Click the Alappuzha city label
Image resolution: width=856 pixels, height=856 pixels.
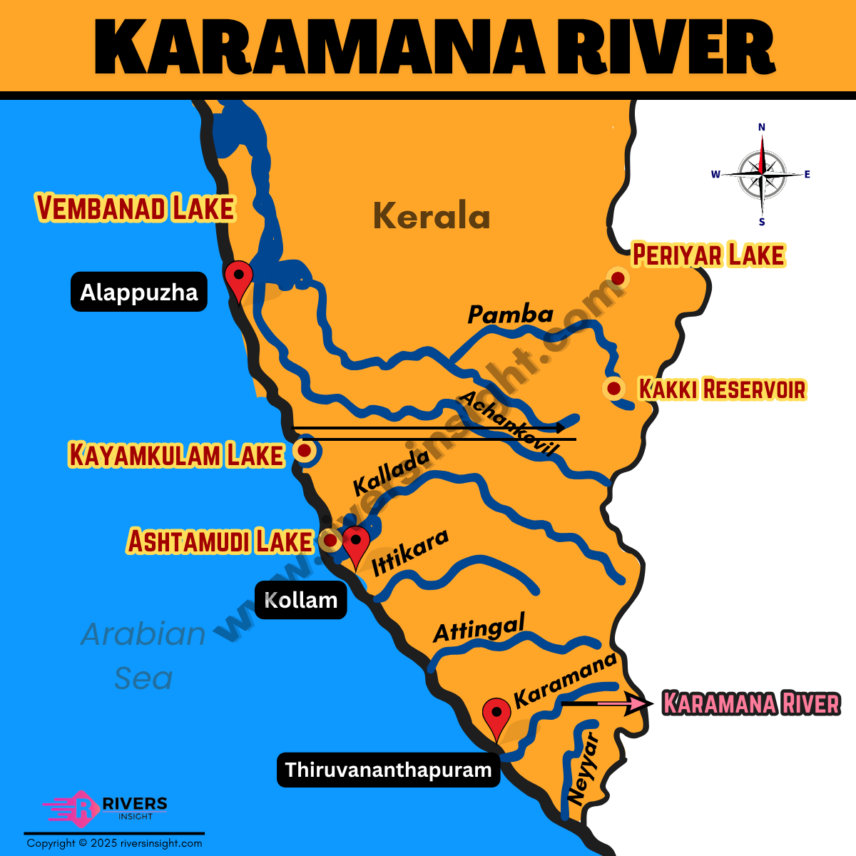(x=139, y=292)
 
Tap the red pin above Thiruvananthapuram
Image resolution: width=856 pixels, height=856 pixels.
(x=496, y=715)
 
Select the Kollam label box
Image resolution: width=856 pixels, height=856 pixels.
(x=300, y=600)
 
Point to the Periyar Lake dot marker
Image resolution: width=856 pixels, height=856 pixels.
(x=618, y=277)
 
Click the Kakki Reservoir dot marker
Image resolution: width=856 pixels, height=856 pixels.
(x=613, y=389)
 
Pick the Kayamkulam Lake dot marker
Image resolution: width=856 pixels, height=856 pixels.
(x=305, y=451)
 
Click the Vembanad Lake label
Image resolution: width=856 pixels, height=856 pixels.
(x=136, y=208)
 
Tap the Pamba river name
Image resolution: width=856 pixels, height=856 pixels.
(x=511, y=314)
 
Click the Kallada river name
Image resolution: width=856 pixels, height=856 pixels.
(x=391, y=472)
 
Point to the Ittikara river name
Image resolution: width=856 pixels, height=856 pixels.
(x=410, y=553)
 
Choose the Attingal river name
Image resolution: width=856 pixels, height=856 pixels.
(x=479, y=628)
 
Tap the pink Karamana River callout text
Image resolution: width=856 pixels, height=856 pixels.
(x=750, y=703)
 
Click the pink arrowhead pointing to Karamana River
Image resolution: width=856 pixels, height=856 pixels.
(x=638, y=704)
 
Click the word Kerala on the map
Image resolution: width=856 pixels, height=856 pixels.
(x=432, y=215)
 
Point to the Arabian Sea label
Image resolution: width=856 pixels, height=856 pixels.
(x=143, y=656)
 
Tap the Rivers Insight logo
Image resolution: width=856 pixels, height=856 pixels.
(x=106, y=808)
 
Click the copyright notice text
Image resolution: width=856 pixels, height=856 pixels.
(x=114, y=843)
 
